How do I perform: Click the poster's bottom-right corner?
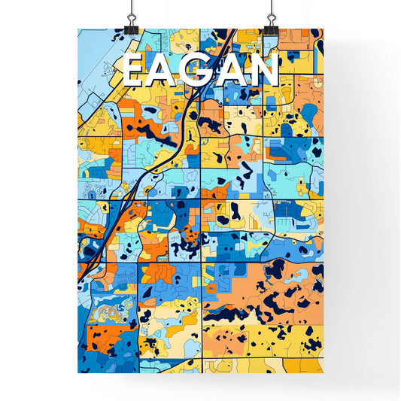click(x=322, y=372)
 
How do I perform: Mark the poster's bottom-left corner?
click(x=78, y=372)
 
